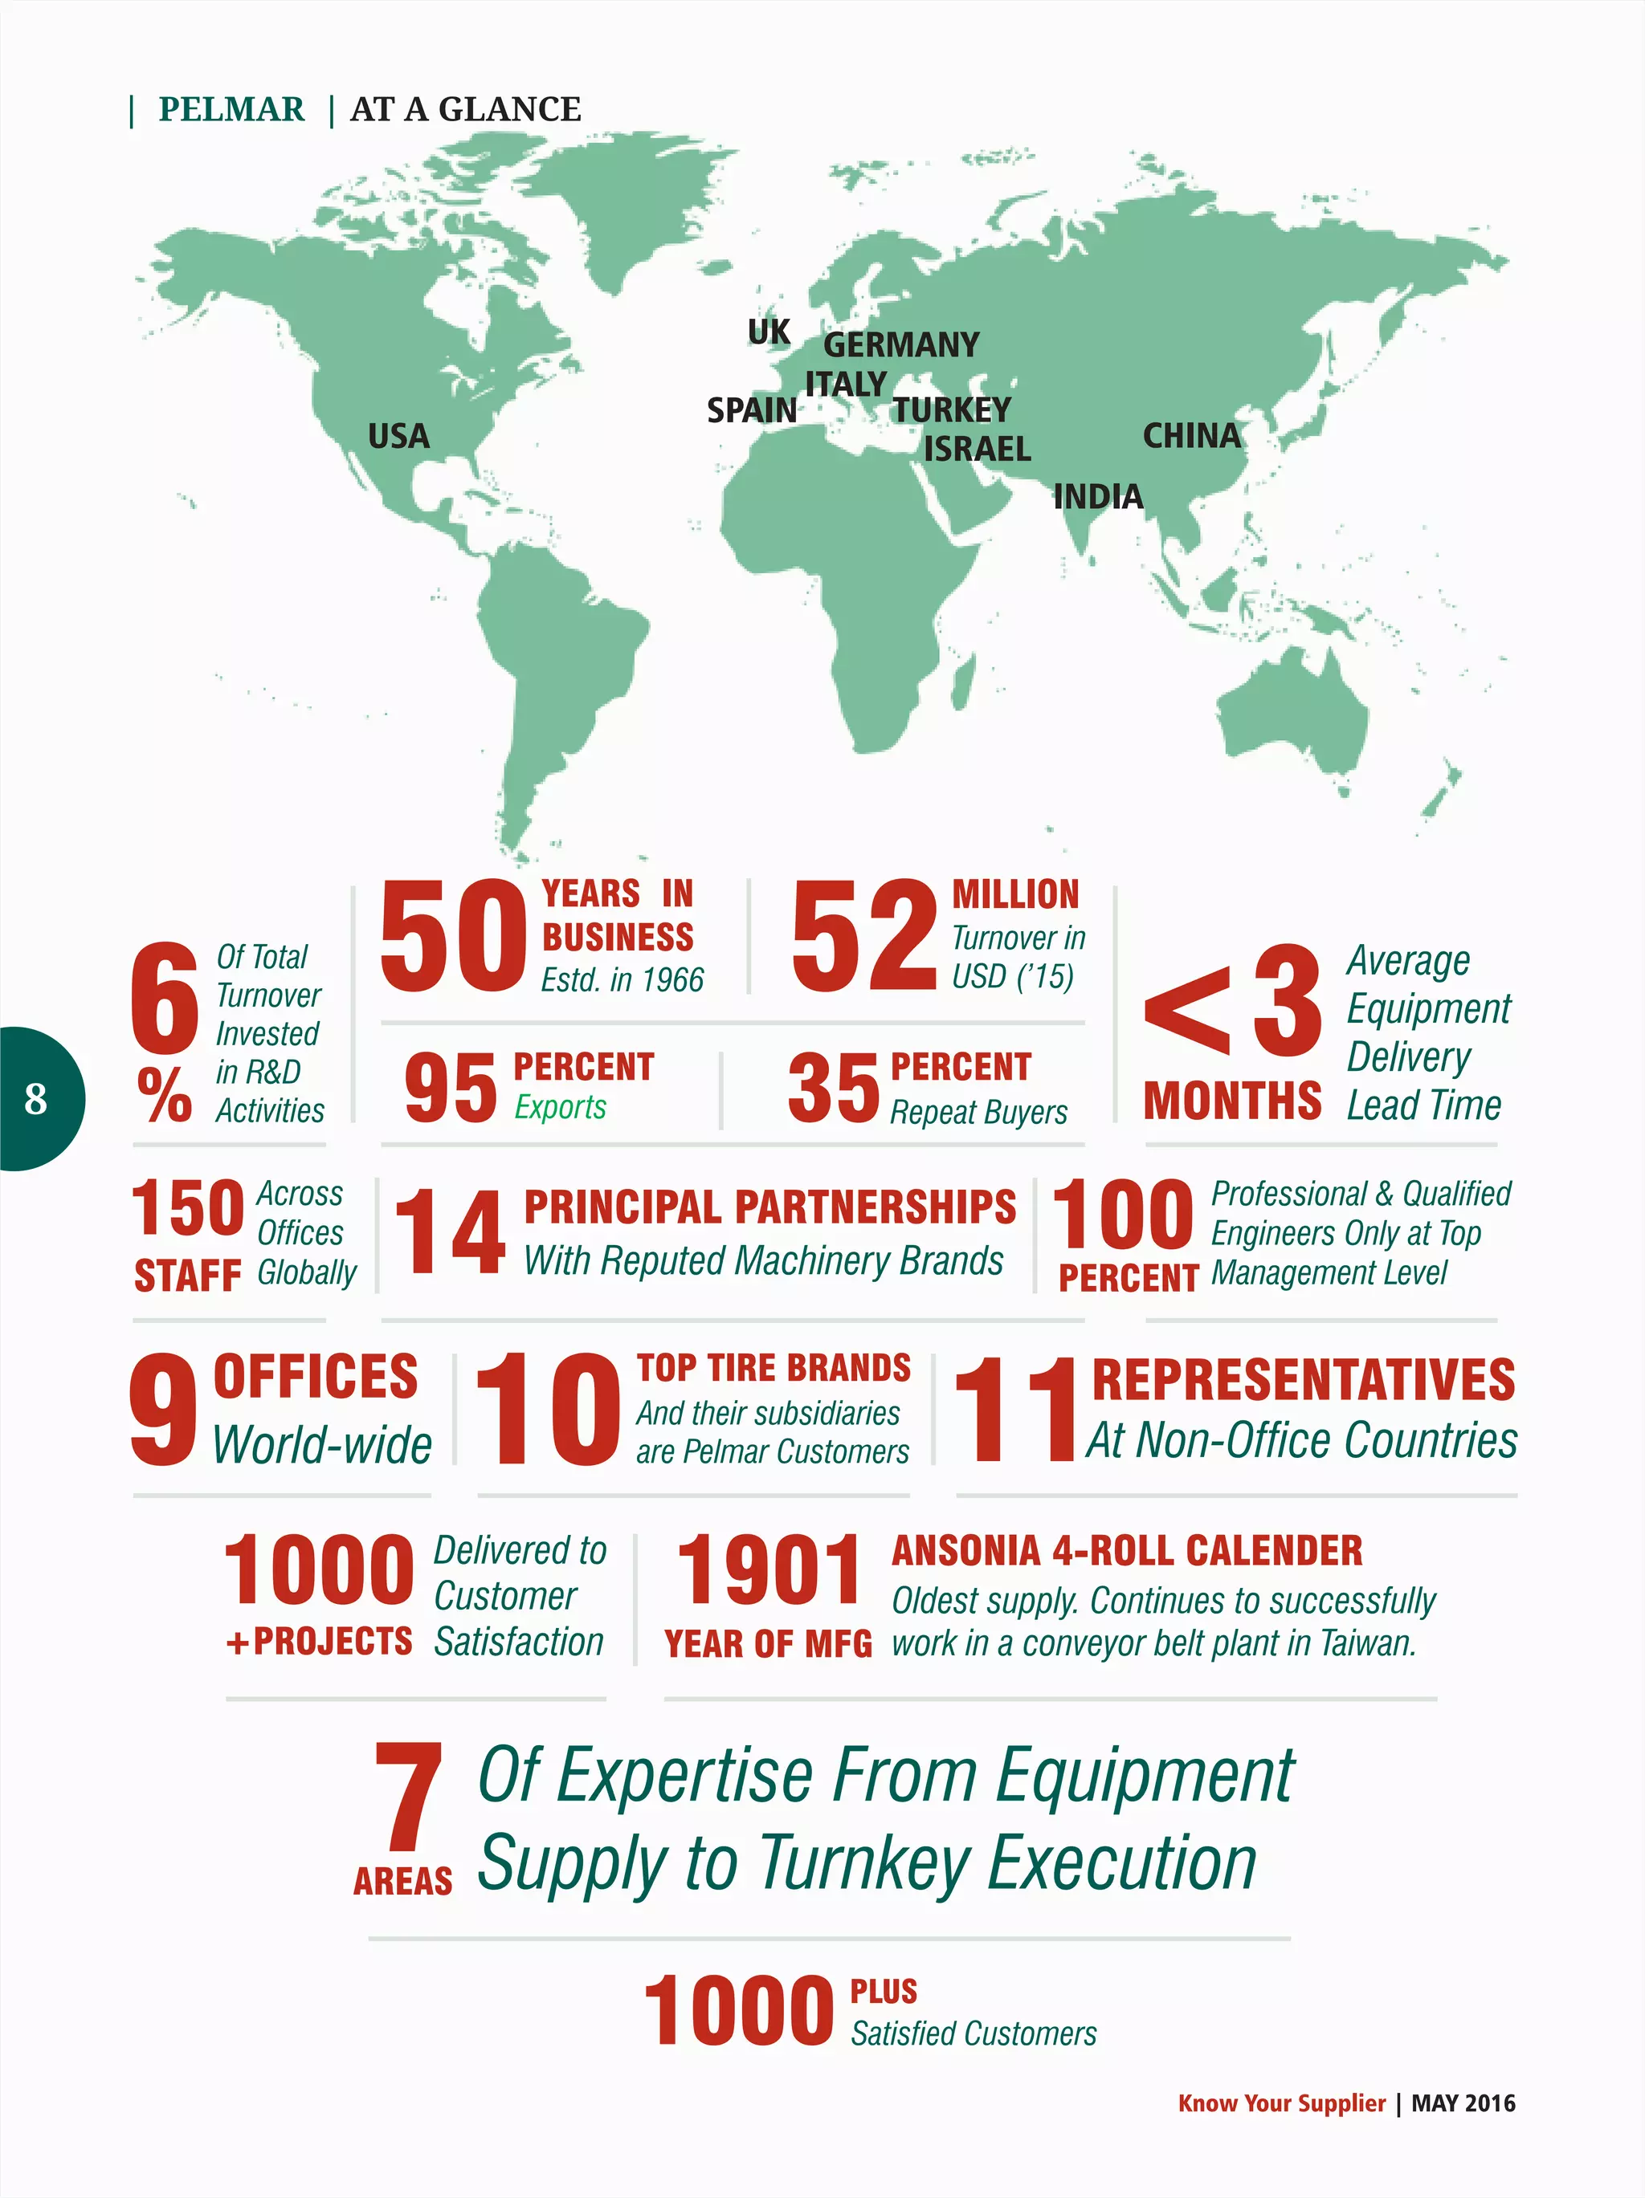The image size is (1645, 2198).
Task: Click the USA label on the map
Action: tap(398, 436)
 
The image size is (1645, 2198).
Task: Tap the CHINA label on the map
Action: tap(1192, 435)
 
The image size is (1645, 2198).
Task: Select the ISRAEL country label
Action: tap(977, 449)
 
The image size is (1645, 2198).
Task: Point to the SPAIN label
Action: tap(752, 410)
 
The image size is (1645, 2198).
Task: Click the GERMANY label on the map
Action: tap(901, 345)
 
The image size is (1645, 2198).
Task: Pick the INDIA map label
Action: tap(1098, 497)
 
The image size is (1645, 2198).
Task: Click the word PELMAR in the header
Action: tap(231, 109)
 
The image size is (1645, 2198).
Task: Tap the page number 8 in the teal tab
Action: tap(36, 1099)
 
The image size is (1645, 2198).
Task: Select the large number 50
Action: tap(453, 937)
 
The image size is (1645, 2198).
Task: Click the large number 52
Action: tap(863, 937)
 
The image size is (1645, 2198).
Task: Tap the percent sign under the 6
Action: tap(165, 1095)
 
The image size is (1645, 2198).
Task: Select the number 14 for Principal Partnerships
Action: tap(451, 1232)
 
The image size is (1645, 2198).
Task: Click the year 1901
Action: tap(769, 1571)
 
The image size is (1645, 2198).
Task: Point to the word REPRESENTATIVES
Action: tap(1303, 1380)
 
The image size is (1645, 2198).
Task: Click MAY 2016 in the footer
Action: tap(1463, 2102)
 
